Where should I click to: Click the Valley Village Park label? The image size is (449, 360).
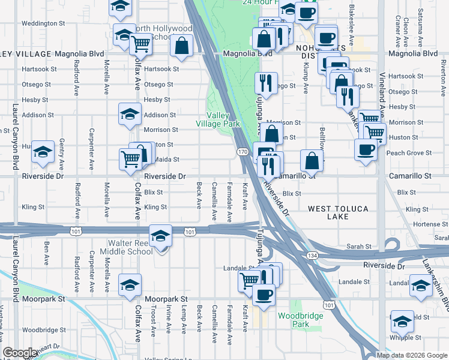(x=223, y=119)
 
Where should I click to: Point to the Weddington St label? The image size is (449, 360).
(x=43, y=23)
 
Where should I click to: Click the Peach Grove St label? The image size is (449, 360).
(x=409, y=153)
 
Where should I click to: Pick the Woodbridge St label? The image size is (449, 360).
(x=46, y=329)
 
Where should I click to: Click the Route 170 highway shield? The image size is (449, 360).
(x=241, y=152)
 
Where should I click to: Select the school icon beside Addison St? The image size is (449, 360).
(x=130, y=113)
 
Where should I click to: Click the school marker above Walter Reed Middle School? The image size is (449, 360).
(x=160, y=236)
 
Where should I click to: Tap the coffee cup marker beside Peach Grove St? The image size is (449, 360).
(x=366, y=149)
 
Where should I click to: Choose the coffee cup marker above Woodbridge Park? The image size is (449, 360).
(x=264, y=294)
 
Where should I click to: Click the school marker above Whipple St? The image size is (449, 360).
(x=402, y=321)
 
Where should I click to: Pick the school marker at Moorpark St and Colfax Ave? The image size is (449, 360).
(x=130, y=284)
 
